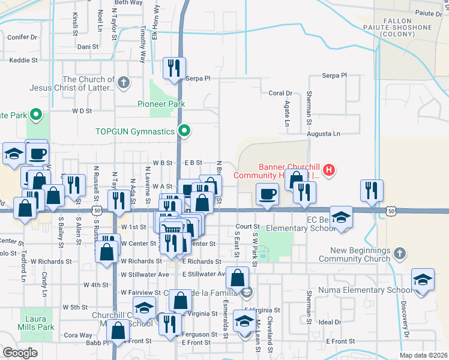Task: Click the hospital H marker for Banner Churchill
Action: tap(328, 170)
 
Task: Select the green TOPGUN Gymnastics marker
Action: tap(185, 130)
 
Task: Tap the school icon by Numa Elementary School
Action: tap(423, 280)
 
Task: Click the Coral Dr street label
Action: tap(280, 93)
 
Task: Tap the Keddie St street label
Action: tap(23, 60)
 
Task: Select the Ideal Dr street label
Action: tap(330, 322)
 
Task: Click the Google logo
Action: tap(20, 353)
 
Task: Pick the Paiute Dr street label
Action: tap(428, 13)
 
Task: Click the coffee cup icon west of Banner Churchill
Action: tap(267, 194)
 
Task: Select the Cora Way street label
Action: tap(77, 335)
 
